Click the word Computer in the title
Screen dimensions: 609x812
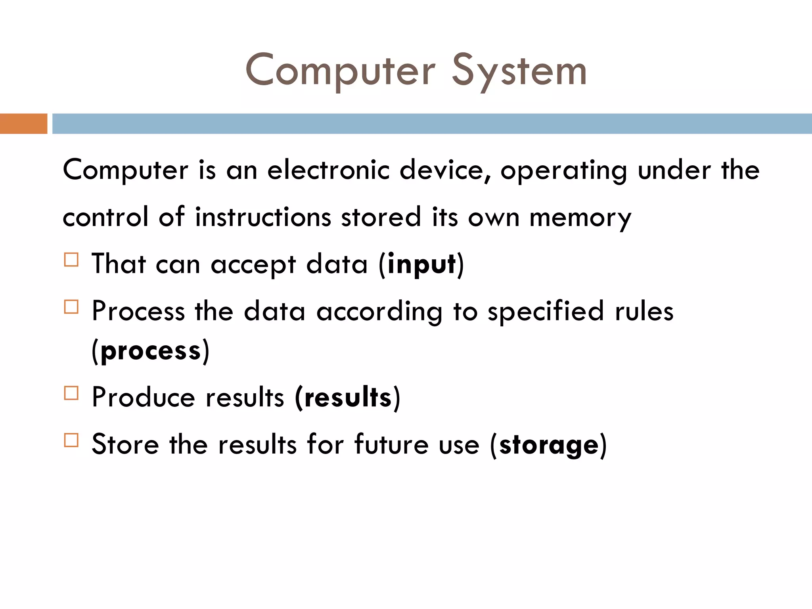(x=340, y=71)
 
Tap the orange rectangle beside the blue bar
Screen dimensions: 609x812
(x=23, y=124)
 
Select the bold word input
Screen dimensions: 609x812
(x=421, y=264)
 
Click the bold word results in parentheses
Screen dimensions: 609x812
(x=348, y=398)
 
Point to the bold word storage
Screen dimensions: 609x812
(x=549, y=445)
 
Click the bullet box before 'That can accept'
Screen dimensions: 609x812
(x=71, y=260)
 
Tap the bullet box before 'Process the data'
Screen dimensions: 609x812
(x=71, y=307)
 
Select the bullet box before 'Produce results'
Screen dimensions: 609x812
(x=71, y=393)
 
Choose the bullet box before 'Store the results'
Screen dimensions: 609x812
(x=71, y=440)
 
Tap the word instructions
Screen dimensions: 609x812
(x=263, y=218)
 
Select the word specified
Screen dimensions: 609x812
(x=546, y=312)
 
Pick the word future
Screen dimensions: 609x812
(x=391, y=444)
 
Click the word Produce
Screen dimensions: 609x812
(x=143, y=398)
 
